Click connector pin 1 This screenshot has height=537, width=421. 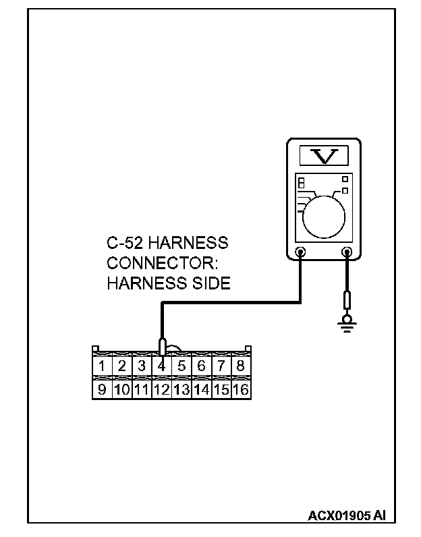pos(102,367)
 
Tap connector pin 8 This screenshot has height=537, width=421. pos(241,367)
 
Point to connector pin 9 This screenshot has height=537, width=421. pos(102,390)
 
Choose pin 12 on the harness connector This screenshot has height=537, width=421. pos(162,390)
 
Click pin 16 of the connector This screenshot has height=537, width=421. pos(241,390)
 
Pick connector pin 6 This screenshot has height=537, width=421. pos(202,367)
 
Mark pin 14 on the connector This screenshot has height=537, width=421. pos(202,390)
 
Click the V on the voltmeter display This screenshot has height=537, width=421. pos(325,157)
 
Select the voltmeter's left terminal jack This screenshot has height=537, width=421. pos(300,254)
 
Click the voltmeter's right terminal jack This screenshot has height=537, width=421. pos(347,254)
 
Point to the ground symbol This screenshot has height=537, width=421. pos(347,326)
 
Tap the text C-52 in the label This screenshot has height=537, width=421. pos(125,242)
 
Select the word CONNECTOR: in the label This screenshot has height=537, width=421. pos(152,263)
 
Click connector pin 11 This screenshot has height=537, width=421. pos(142,390)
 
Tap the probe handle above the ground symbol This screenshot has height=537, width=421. pos(347,301)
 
